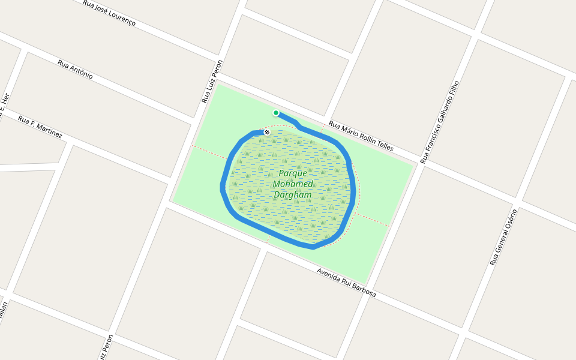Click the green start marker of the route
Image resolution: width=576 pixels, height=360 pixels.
coord(276,113)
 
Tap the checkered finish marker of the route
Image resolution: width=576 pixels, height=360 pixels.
coord(267,131)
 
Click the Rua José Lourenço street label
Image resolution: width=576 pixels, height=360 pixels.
coord(109,13)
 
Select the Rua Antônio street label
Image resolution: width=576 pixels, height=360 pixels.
coord(75,69)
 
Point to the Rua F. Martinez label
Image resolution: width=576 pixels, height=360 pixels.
coord(40,127)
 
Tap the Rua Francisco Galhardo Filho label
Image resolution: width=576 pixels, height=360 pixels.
coord(439,122)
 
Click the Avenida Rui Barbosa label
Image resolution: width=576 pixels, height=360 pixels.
coord(346,283)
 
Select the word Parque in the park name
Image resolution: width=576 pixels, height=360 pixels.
coord(293,173)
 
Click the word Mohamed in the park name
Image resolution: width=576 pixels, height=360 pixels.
coord(293,184)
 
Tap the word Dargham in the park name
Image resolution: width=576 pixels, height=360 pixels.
coord(293,195)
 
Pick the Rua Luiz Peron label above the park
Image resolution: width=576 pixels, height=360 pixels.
coord(212,82)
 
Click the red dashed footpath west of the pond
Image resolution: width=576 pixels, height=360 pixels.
coord(209,152)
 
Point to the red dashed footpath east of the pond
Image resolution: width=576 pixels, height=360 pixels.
coord(372,219)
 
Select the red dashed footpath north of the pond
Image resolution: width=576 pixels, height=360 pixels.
coord(322,128)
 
